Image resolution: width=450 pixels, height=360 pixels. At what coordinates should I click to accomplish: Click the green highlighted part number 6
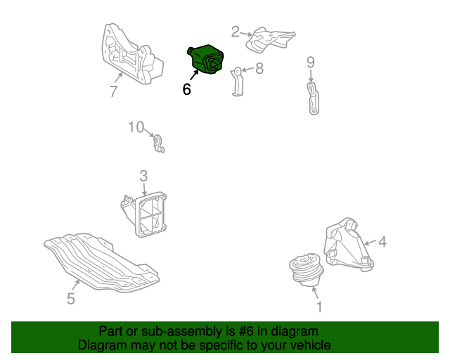pyautogui.click(x=205, y=59)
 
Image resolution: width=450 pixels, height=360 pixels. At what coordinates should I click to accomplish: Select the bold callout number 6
pyautogui.click(x=186, y=89)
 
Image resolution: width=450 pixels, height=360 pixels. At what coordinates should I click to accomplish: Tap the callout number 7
pyautogui.click(x=114, y=91)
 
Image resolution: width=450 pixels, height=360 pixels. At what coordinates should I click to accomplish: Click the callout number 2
pyautogui.click(x=236, y=32)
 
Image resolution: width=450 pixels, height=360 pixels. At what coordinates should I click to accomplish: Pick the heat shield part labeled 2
pyautogui.click(x=270, y=39)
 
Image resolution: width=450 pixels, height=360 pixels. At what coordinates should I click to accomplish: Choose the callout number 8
pyautogui.click(x=259, y=68)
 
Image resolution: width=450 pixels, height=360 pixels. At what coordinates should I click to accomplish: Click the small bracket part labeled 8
pyautogui.click(x=237, y=82)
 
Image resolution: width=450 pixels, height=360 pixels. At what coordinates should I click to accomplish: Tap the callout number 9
pyautogui.click(x=311, y=63)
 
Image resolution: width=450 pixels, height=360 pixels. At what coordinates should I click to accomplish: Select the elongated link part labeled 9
pyautogui.click(x=313, y=98)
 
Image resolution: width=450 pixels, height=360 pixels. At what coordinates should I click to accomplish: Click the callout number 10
pyautogui.click(x=136, y=127)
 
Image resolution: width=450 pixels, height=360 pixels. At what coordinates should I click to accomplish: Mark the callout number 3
pyautogui.click(x=143, y=176)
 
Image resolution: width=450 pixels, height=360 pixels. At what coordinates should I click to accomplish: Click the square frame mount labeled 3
pyautogui.click(x=144, y=214)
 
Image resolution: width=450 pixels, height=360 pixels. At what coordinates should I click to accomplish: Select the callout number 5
pyautogui.click(x=71, y=299)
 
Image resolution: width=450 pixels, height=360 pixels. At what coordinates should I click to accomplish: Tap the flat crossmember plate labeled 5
pyautogui.click(x=102, y=263)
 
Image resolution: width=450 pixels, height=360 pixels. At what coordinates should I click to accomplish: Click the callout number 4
pyautogui.click(x=382, y=242)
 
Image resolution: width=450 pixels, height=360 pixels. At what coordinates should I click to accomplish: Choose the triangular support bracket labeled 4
pyautogui.click(x=349, y=245)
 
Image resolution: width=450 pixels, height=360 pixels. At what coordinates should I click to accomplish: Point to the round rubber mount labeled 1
pyautogui.click(x=307, y=269)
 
